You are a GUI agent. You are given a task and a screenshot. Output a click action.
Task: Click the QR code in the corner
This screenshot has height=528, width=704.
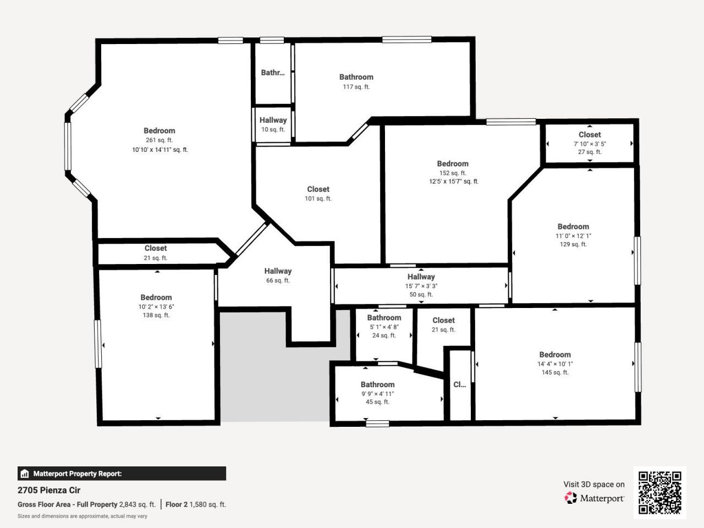[659, 492]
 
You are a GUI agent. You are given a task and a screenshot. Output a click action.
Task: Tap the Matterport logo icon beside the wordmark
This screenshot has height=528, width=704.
[570, 498]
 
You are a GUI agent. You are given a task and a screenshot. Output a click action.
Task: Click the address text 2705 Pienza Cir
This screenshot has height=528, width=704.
[49, 490]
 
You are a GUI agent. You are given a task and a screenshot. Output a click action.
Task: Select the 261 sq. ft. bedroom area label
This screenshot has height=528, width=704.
[159, 140]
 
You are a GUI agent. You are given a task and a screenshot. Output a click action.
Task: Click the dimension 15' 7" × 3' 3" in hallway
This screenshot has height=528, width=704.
[421, 286]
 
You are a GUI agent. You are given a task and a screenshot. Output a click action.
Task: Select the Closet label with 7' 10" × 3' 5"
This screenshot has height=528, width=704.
[590, 135]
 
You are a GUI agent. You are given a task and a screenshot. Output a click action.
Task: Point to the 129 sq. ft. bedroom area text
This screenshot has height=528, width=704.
[573, 244]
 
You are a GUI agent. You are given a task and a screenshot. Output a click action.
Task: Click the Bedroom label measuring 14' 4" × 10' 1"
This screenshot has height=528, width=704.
[555, 355]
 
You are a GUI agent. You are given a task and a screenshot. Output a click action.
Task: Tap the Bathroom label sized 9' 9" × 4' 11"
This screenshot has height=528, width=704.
[377, 384]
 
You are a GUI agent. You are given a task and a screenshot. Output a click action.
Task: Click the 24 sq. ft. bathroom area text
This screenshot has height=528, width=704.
[384, 335]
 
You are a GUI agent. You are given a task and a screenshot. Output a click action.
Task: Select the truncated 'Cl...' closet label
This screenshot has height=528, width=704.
[459, 384]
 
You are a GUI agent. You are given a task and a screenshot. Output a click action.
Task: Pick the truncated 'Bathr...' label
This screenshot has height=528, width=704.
[273, 73]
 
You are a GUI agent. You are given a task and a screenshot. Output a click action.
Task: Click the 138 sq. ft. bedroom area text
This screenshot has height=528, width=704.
[156, 315]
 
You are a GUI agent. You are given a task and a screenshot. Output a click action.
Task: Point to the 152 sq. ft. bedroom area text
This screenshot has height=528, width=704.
[453, 173]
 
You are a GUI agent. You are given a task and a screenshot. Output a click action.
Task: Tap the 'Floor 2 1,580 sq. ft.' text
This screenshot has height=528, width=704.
[196, 504]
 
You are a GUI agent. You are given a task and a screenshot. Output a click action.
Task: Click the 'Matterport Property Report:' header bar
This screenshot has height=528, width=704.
[122, 474]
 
